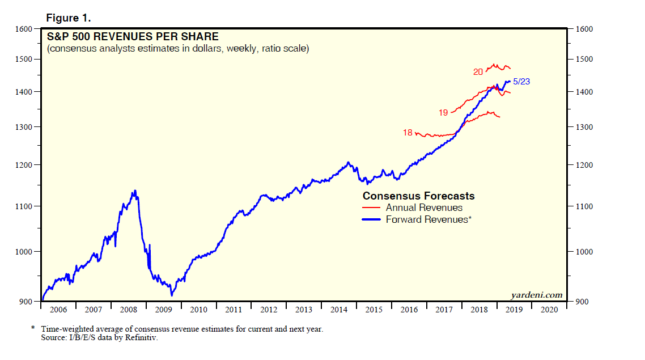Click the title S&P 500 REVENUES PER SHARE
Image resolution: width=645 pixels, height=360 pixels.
(132, 37)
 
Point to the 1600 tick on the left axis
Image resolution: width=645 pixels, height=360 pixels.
(25, 29)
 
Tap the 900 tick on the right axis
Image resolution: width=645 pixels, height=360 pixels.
(582, 302)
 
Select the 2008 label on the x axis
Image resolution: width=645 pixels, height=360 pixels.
(129, 310)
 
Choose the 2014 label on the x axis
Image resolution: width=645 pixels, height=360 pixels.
(339, 310)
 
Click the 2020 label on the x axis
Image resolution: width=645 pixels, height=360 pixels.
(549, 310)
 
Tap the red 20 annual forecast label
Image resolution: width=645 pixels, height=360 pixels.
(478, 72)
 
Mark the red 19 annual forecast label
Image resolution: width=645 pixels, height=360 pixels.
(443, 113)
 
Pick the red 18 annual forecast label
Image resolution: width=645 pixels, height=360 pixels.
(408, 133)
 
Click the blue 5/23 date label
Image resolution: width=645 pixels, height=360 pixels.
(521, 82)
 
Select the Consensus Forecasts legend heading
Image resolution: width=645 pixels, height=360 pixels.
(418, 196)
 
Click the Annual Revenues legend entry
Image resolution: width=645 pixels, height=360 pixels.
(424, 207)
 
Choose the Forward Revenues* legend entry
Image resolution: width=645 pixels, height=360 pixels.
(428, 219)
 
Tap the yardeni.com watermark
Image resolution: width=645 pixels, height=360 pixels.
(536, 295)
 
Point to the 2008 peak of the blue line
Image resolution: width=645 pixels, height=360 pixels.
(134, 190)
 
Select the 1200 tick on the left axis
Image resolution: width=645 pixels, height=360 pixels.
(25, 165)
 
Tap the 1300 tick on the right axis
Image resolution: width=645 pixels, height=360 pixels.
(583, 127)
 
